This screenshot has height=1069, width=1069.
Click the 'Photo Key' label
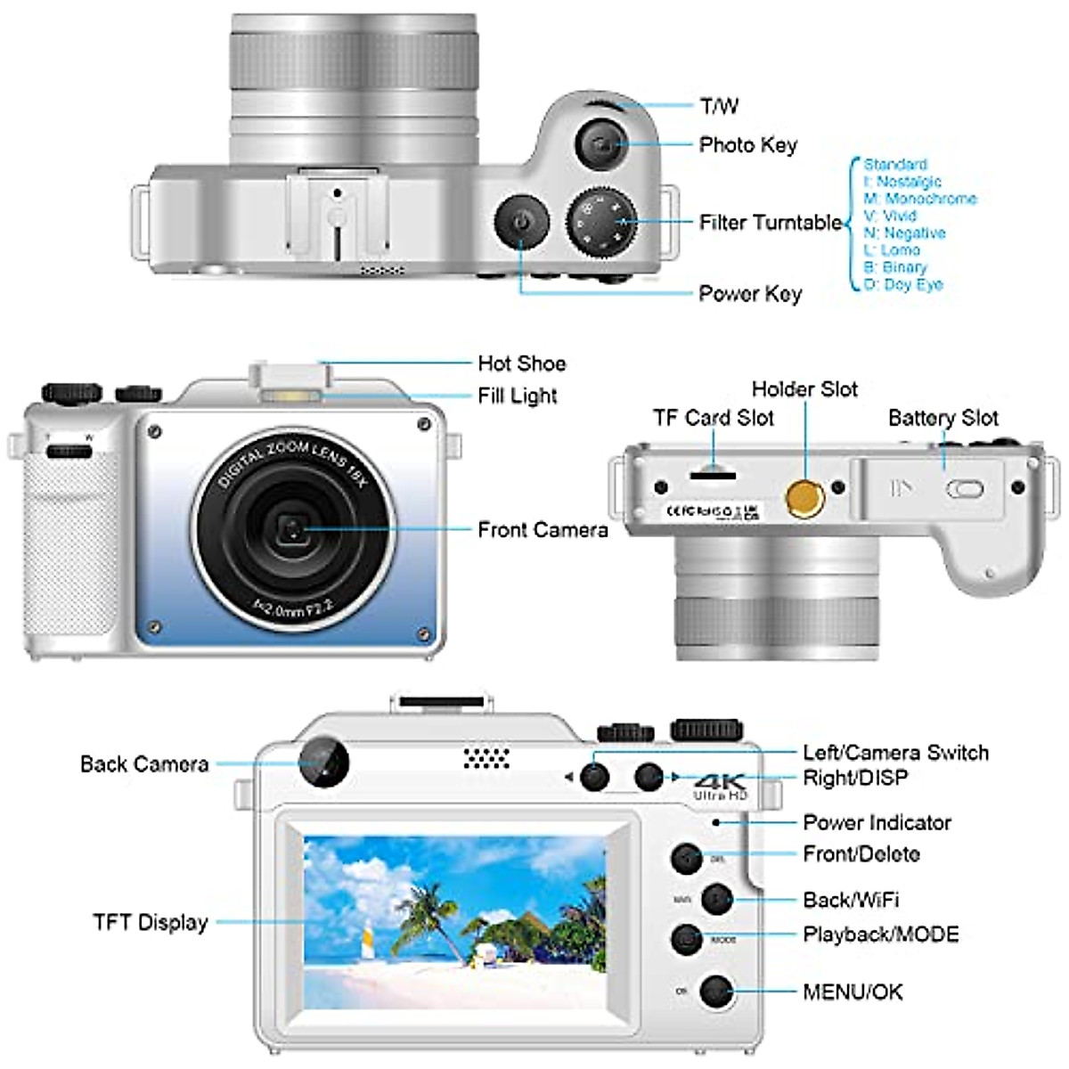tap(747, 145)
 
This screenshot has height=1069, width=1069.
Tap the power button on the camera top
tap(522, 221)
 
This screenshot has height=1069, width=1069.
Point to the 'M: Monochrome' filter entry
tap(920, 199)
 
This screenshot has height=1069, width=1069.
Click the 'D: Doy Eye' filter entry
tap(903, 284)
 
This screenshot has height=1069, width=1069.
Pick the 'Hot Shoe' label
tap(521, 363)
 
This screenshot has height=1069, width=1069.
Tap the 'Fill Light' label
tap(517, 396)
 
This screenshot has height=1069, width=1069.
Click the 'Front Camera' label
tap(543, 530)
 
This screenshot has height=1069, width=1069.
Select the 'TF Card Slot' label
tap(713, 418)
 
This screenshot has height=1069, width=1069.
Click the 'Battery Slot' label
tap(943, 418)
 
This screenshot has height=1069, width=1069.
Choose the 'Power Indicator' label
tap(877, 822)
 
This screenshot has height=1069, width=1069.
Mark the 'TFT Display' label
tap(150, 922)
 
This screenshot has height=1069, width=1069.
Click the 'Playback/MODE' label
tap(880, 934)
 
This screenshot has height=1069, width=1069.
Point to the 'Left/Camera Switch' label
tap(895, 753)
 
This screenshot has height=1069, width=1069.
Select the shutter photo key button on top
tap(603, 144)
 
